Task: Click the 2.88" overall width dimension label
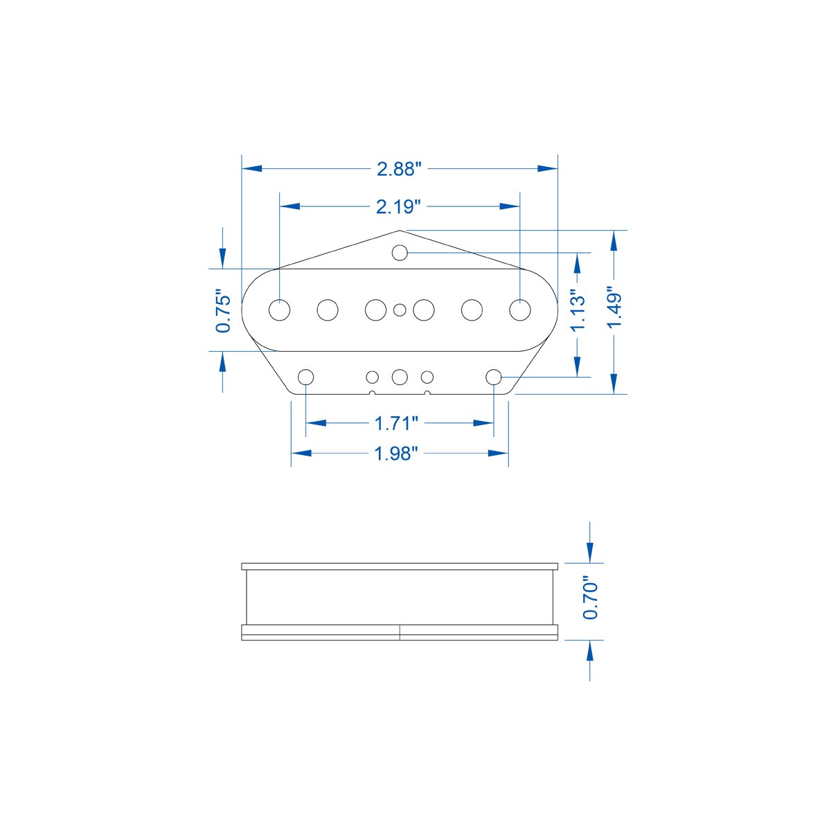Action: point(399,169)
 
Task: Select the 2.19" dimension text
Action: point(399,206)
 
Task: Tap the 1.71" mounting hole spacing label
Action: point(397,422)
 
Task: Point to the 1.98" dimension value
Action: point(397,454)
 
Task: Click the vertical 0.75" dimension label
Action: point(223,311)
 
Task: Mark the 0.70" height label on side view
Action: point(590,598)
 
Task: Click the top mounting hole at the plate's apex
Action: point(399,253)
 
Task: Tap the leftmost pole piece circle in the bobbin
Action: point(280,310)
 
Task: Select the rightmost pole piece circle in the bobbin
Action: point(519,310)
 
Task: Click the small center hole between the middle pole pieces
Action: point(400,310)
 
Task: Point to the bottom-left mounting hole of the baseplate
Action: point(305,377)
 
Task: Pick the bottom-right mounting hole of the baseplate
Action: point(494,377)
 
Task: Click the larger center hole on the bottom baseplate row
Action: point(400,377)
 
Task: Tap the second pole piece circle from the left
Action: point(328,310)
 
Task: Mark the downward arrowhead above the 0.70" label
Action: point(589,553)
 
